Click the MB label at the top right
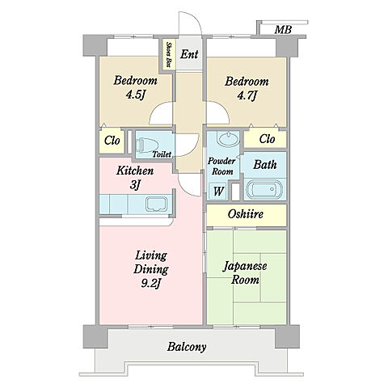click(x=283, y=29)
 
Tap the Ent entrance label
click(x=189, y=54)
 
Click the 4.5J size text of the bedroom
click(x=136, y=95)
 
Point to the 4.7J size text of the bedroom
click(x=247, y=95)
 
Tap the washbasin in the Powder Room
click(x=229, y=139)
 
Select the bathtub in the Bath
click(x=264, y=189)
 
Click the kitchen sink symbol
click(x=157, y=204)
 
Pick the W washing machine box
click(x=218, y=192)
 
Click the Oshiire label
click(x=245, y=214)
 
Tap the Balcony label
click(x=187, y=347)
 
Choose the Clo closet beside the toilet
click(x=112, y=141)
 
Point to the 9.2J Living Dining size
click(x=151, y=283)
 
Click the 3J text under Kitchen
click(x=135, y=185)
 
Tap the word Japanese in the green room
click(x=245, y=266)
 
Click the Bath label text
click(x=265, y=164)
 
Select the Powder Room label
click(x=221, y=167)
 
